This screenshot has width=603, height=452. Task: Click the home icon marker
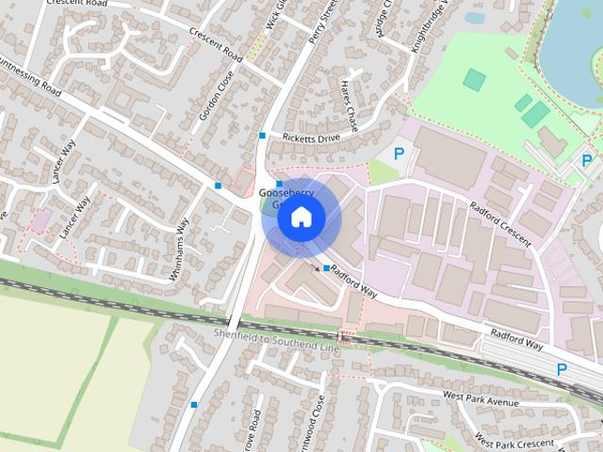(300, 218)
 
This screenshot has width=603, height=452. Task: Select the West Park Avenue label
(481, 401)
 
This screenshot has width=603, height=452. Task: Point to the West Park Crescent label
(514, 441)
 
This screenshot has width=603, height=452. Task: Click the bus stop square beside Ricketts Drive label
(262, 136)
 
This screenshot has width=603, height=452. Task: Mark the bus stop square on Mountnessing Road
(219, 186)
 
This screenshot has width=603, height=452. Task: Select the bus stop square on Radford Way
(326, 269)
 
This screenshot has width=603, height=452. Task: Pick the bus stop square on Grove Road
(194, 405)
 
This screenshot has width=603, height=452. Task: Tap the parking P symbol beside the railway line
(562, 370)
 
